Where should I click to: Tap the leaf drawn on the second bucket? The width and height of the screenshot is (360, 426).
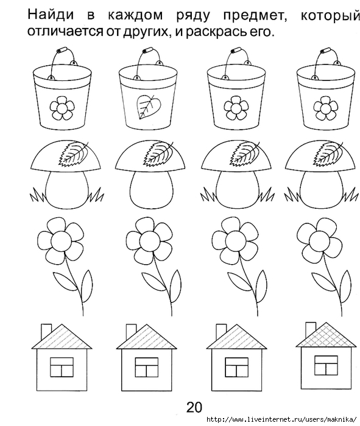(x=149, y=106)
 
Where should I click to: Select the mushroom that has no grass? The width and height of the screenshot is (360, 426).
(x=150, y=175)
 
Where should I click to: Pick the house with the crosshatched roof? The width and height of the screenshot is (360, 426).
(x=326, y=356)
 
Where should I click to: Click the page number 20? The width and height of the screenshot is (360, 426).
(x=194, y=407)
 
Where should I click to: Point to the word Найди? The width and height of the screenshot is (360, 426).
(x=51, y=15)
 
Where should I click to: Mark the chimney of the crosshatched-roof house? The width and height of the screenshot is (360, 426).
(x=311, y=330)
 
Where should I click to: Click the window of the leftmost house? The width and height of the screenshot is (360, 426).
(x=62, y=367)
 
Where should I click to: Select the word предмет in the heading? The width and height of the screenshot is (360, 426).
(x=255, y=16)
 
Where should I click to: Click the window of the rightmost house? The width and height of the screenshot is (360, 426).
(x=326, y=365)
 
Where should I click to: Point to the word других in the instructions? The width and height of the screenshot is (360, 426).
(x=144, y=33)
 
